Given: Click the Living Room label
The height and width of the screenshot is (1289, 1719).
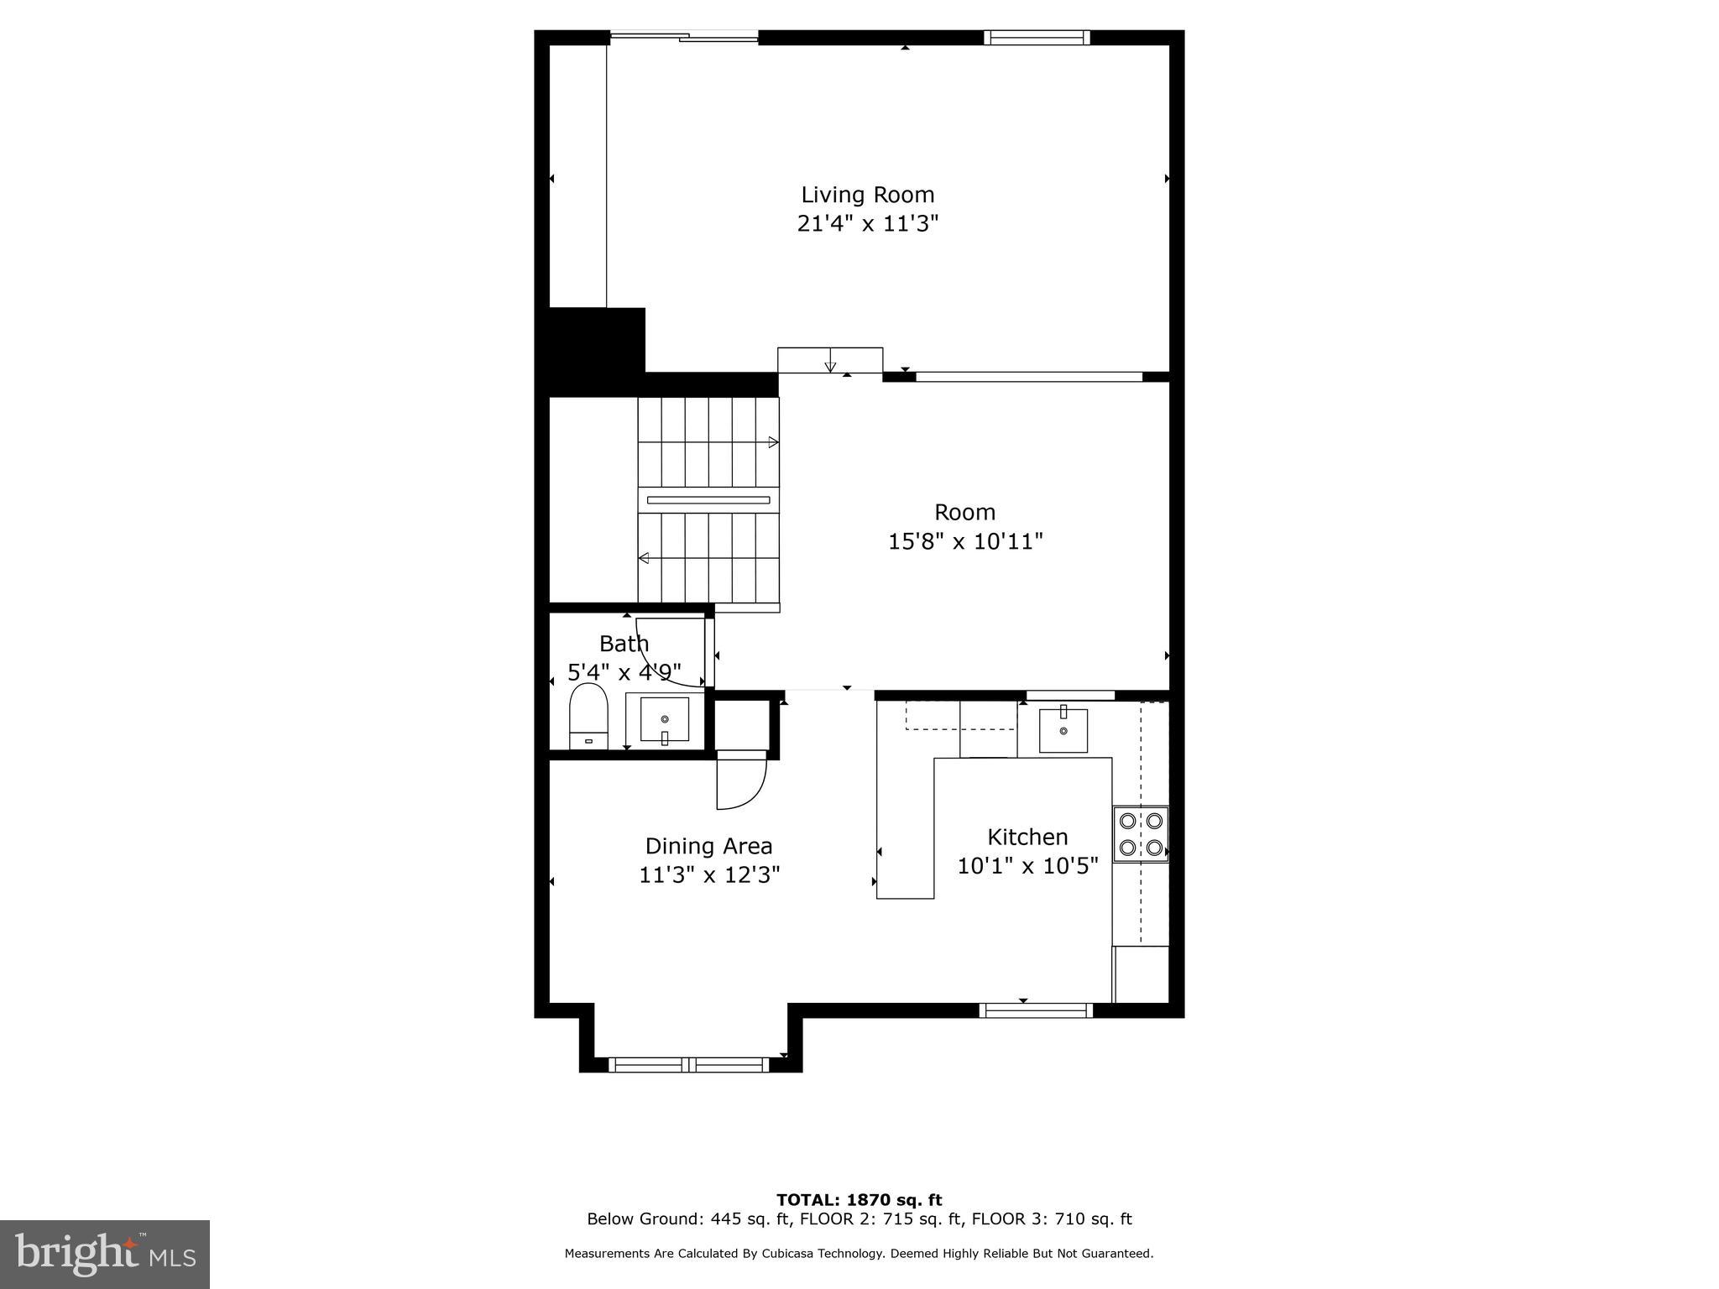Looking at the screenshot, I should click(x=867, y=195).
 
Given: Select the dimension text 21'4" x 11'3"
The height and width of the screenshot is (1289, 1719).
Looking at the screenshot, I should click(x=867, y=224).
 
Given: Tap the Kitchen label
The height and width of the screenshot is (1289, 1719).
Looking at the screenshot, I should click(x=1027, y=837).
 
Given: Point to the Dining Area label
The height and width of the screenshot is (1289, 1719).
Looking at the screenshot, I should click(x=708, y=846).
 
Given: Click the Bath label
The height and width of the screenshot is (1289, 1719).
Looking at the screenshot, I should click(x=624, y=644).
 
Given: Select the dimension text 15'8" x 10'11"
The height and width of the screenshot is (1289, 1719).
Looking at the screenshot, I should click(x=965, y=541).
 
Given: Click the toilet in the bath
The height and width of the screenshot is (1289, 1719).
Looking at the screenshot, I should click(x=588, y=715).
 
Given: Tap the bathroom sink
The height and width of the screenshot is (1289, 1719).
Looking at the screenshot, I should click(x=665, y=720).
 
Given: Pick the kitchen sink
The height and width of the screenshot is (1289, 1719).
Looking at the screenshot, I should click(x=1063, y=730).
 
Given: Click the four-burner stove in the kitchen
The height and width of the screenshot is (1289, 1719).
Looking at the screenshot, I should click(x=1141, y=834).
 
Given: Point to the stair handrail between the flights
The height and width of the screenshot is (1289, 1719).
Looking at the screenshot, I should click(x=708, y=500).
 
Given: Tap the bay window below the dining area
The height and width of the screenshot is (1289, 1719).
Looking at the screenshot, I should click(x=690, y=1065).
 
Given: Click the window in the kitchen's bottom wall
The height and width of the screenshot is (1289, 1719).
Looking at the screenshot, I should click(x=1037, y=1011).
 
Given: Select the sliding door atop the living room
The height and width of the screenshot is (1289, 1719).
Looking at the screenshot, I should click(x=684, y=36).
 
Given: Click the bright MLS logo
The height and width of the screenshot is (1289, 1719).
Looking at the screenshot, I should click(x=105, y=1254).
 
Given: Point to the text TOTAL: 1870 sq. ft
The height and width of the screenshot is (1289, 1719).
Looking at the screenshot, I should click(x=859, y=1200).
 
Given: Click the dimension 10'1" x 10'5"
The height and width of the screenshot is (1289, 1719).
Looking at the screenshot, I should click(x=1027, y=866).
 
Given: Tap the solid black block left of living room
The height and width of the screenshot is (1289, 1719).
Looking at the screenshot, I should click(x=597, y=350).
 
